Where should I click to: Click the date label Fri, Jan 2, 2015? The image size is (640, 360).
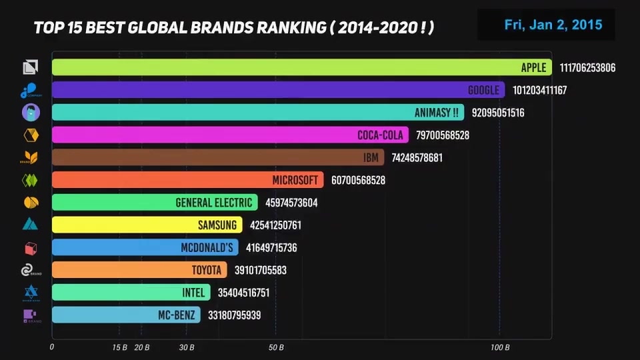(x=553, y=25)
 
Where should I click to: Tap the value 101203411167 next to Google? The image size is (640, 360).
(x=539, y=90)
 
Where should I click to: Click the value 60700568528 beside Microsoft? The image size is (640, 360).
(x=357, y=180)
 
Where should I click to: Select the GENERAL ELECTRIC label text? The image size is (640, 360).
(x=214, y=203)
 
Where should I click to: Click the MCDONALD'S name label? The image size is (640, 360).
(x=207, y=248)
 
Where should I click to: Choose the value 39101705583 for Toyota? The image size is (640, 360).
(x=260, y=271)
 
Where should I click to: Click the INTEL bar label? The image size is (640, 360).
(x=193, y=293)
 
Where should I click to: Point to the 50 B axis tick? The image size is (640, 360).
(x=276, y=347)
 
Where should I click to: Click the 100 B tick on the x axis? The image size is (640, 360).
(x=500, y=347)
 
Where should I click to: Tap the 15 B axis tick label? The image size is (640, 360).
(x=119, y=347)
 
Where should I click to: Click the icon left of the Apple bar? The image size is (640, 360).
(x=30, y=67)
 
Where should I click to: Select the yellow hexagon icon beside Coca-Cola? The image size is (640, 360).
(x=30, y=135)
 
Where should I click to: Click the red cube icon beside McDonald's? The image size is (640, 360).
(x=30, y=248)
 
